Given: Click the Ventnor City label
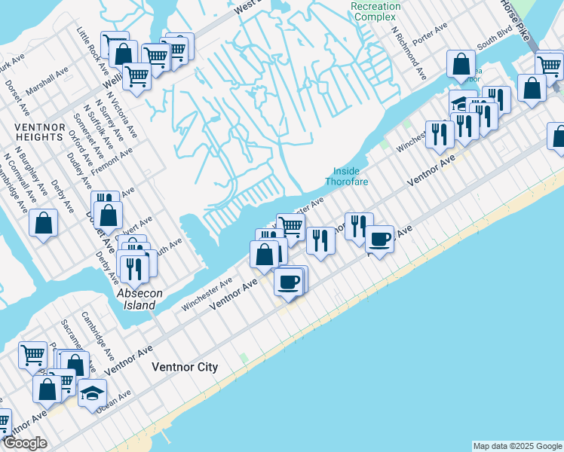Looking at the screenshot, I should (x=185, y=368).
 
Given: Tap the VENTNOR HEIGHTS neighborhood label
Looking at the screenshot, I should (x=38, y=132).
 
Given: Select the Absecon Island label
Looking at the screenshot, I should (x=136, y=299).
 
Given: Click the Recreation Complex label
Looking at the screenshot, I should (x=375, y=11).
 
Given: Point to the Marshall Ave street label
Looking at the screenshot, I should (x=47, y=81).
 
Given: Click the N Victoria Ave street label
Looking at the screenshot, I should (x=121, y=113).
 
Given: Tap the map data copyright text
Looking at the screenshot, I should (x=517, y=446).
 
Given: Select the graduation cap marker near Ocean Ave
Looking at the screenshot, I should (x=92, y=394).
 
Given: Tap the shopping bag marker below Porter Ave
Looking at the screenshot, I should (x=461, y=65).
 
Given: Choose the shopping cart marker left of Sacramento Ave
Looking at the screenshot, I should (x=33, y=354).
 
